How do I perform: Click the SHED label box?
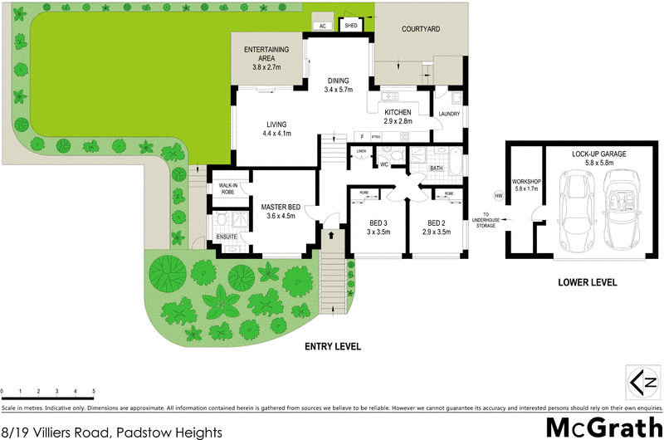click(x=350, y=26)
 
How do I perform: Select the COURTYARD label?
click(x=421, y=30)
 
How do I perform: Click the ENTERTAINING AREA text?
click(x=266, y=56)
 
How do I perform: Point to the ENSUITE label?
click(x=227, y=237)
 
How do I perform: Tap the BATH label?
click(x=436, y=169)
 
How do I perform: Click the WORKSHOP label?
click(x=526, y=183)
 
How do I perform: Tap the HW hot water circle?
click(x=498, y=195)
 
